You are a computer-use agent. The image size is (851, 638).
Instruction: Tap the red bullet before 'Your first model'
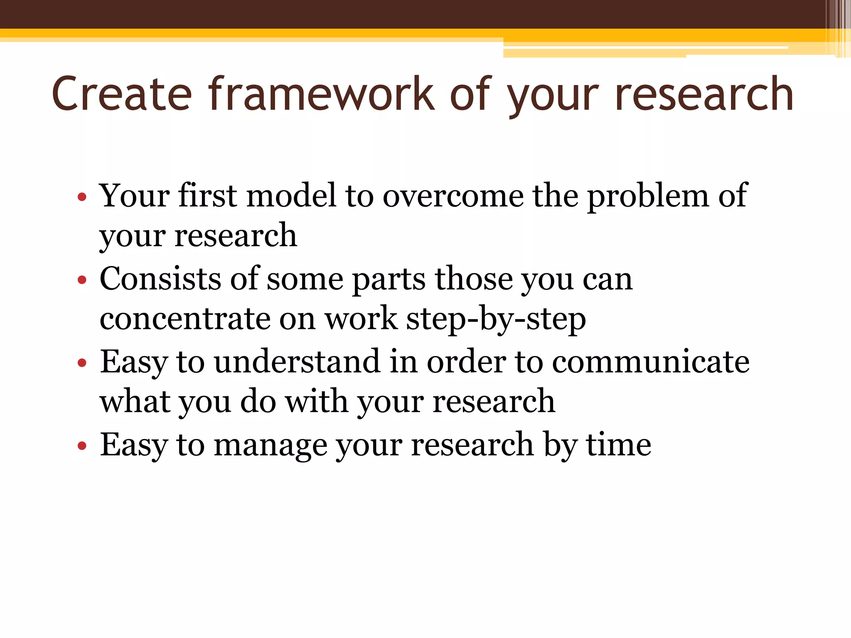[x=82, y=196]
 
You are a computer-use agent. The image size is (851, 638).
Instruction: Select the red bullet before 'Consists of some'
[x=82, y=280]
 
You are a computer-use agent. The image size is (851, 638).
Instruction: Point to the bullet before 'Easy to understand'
[x=82, y=363]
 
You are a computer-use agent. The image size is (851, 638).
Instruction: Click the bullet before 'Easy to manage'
[x=82, y=446]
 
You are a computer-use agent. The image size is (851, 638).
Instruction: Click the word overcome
[x=453, y=196]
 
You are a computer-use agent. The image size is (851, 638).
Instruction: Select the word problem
[x=648, y=196]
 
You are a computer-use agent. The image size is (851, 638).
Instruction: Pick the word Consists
[x=160, y=279]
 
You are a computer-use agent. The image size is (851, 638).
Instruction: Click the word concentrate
[x=185, y=319]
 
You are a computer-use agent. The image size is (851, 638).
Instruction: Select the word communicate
[x=651, y=362]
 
